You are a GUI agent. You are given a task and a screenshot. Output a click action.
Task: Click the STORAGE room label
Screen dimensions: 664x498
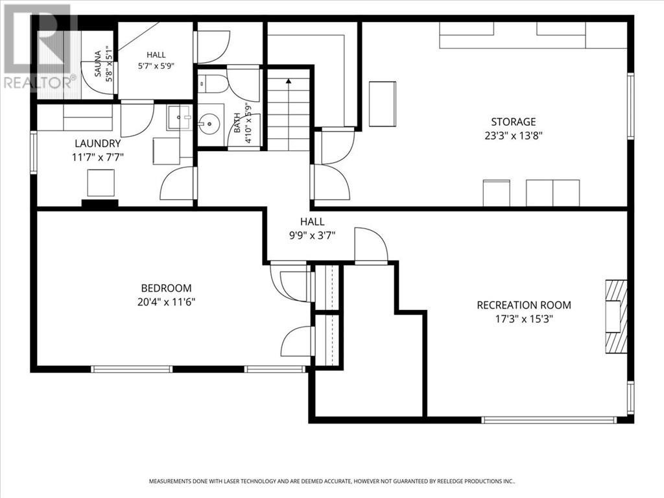tap(514, 122)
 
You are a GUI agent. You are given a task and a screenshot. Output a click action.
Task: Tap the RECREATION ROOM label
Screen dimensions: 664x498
tap(524, 305)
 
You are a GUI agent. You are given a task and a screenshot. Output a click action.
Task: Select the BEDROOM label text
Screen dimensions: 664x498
tap(166, 289)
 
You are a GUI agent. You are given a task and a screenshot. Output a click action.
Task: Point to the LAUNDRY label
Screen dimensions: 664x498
tap(98, 143)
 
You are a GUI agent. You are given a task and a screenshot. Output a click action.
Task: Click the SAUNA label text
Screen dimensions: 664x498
tap(98, 64)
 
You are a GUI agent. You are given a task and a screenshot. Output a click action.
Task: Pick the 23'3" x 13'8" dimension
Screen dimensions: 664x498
tap(514, 136)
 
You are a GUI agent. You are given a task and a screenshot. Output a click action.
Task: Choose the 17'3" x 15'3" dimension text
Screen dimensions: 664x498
tap(524, 319)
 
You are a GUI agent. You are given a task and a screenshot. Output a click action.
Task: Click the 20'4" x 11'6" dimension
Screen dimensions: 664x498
tap(166, 302)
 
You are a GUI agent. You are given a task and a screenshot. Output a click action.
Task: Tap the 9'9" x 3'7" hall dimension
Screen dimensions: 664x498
tap(312, 235)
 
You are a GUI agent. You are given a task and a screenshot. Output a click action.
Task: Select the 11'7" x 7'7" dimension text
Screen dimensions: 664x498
tap(98, 158)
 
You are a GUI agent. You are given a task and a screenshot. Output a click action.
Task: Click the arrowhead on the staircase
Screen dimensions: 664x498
tap(289, 81)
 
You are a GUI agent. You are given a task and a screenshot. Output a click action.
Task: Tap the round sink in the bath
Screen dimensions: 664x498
tap(209, 124)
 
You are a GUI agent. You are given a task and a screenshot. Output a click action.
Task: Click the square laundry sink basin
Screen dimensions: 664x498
tap(180, 117)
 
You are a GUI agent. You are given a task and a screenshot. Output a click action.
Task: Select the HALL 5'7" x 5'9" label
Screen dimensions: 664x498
tap(156, 60)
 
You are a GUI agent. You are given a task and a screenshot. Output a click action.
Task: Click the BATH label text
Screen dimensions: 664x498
tap(237, 123)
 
